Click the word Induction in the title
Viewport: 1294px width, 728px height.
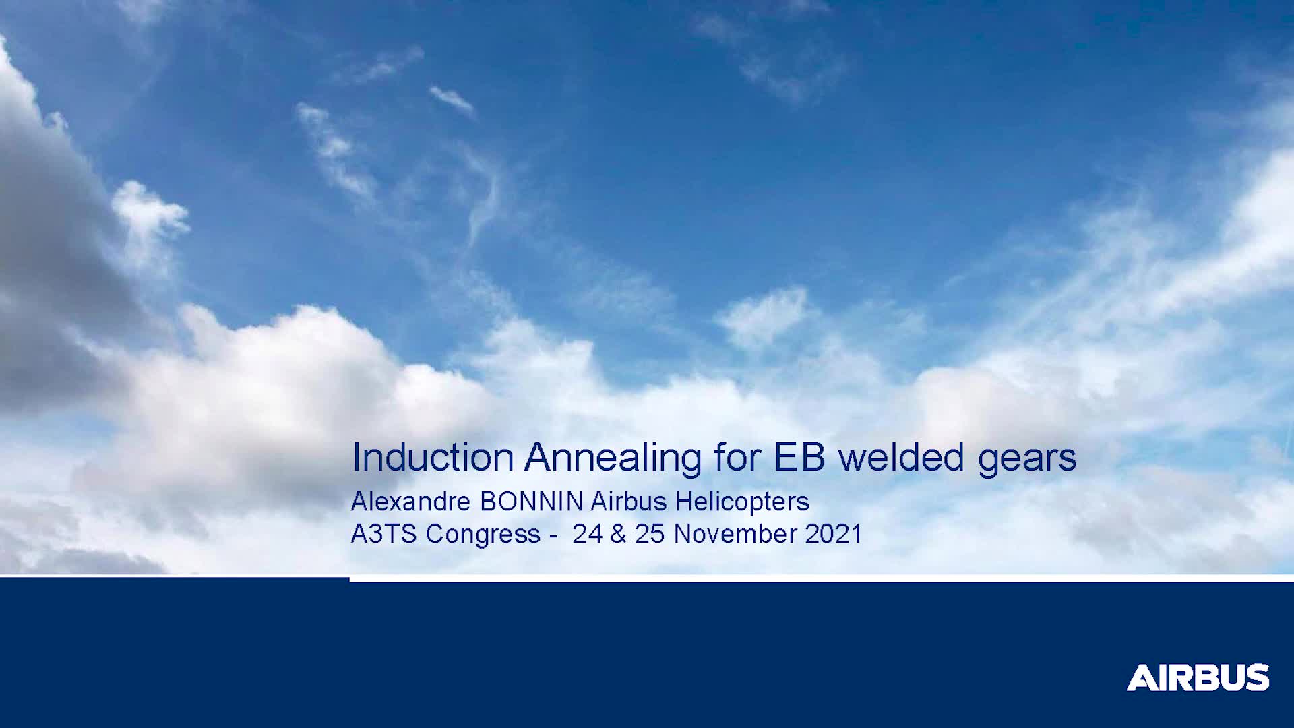433,457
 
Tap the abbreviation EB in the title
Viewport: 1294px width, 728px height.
799,457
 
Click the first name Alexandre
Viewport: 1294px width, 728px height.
410,502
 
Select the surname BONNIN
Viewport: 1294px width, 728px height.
532,502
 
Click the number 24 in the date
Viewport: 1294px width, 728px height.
587,534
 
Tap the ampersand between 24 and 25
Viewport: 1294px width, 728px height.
618,534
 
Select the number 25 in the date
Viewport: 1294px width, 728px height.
650,534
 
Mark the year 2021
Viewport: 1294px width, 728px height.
834,534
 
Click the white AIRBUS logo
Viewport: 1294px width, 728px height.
1198,677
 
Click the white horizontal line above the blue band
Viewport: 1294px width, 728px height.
822,578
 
